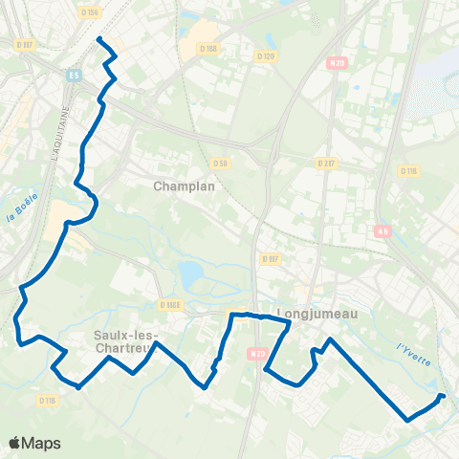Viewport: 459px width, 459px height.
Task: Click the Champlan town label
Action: click(x=184, y=186)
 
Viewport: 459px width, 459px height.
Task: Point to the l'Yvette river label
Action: click(x=413, y=353)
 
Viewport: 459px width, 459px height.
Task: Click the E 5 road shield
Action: click(x=74, y=73)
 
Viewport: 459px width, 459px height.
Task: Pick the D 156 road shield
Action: click(x=90, y=11)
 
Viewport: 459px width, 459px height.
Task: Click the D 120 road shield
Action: click(x=267, y=55)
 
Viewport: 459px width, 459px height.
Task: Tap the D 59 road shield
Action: click(x=220, y=164)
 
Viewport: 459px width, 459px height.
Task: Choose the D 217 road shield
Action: click(x=327, y=164)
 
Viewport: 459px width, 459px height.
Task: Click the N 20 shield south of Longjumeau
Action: click(x=256, y=355)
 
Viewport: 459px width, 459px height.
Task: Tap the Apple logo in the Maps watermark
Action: click(x=16, y=443)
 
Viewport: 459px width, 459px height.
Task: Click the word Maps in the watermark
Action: click(x=42, y=443)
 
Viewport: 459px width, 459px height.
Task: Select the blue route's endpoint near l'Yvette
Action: click(x=441, y=395)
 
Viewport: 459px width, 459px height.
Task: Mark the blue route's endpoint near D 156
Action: click(x=99, y=38)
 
